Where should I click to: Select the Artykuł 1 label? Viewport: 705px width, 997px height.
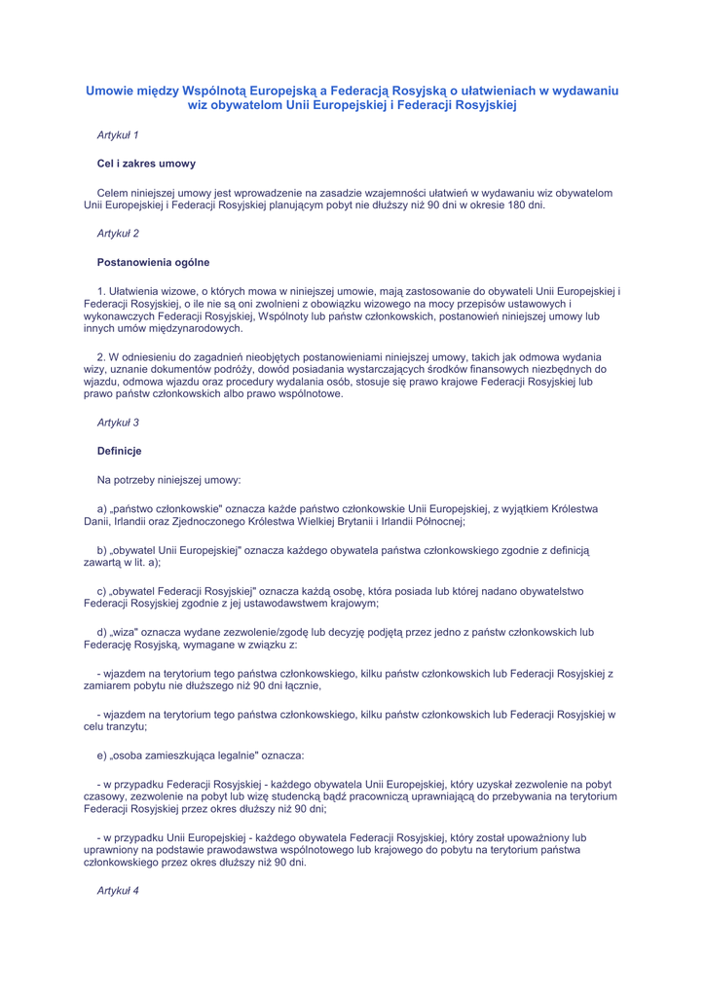coord(118,133)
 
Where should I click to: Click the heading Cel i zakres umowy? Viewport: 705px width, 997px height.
coord(146,164)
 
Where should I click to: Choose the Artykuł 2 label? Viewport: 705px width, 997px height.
coord(118,234)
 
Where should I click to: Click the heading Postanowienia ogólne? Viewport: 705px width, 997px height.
coord(153,262)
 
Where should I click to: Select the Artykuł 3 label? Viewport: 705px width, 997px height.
coord(118,422)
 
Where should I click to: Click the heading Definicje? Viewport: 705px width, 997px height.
coord(120,451)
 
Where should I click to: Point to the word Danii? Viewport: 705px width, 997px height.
coord(98,521)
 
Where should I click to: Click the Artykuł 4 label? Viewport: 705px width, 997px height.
coord(118,891)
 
